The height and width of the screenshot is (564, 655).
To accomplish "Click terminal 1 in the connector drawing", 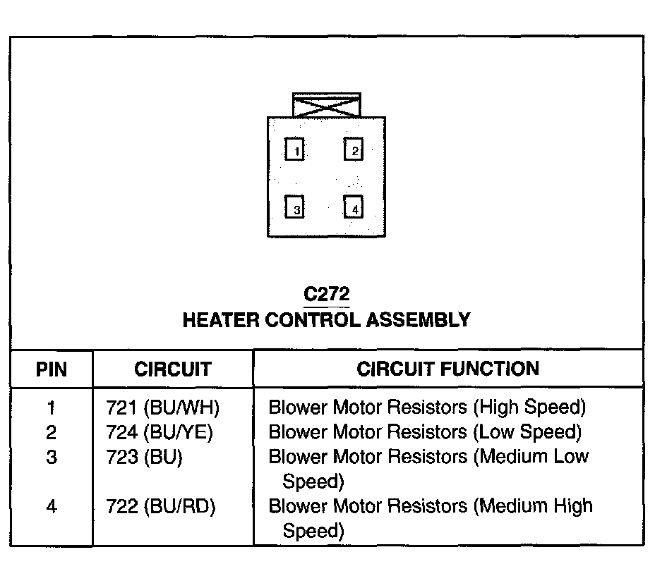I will [x=294, y=149].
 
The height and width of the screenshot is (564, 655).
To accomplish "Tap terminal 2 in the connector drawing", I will [x=353, y=149].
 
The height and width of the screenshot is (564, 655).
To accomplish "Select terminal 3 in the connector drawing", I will [x=294, y=207].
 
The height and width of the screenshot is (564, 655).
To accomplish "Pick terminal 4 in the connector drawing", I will [x=353, y=207].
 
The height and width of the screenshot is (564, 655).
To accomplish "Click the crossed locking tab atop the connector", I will [x=326, y=106].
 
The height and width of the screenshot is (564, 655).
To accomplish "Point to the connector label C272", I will [x=326, y=293].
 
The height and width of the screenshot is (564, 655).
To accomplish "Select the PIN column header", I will [x=52, y=369].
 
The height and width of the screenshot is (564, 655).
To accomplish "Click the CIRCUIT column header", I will [x=172, y=369].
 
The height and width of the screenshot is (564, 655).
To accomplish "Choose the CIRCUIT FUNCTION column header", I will [x=448, y=369].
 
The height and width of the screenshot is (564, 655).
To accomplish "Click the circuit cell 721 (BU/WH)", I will [x=163, y=407].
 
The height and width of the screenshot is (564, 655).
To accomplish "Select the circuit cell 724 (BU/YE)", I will [x=160, y=431].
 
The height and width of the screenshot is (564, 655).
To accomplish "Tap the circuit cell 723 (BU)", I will [x=144, y=457].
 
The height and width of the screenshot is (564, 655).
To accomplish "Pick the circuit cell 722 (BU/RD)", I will [x=161, y=506].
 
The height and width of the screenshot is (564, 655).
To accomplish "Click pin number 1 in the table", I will [x=52, y=407].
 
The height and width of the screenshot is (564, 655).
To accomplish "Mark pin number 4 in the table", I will [x=52, y=506].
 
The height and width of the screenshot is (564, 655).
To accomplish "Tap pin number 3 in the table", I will [x=52, y=457].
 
